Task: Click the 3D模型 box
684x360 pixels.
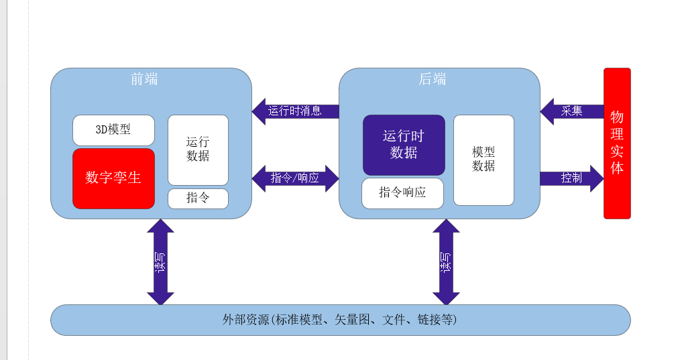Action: point(113,130)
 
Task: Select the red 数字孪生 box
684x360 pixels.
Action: point(113,178)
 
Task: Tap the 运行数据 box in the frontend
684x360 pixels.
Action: point(198,150)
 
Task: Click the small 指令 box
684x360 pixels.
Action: point(198,198)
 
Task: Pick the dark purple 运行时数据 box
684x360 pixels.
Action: point(404,145)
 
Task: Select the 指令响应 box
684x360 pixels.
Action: point(402,193)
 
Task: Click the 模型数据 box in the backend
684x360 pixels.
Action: point(483,160)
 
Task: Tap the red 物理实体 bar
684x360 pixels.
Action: point(617,143)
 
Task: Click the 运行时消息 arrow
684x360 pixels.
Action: point(295,111)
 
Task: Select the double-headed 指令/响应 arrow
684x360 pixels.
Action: point(295,178)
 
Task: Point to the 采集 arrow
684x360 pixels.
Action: point(571,111)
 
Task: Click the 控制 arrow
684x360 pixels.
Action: point(571,178)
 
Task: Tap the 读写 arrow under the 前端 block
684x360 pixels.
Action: point(160,262)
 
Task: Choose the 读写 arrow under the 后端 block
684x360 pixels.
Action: point(446,262)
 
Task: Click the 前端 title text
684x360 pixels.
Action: point(144,79)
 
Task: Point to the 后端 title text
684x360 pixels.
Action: point(433,79)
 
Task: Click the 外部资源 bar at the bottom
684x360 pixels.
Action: point(340,320)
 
